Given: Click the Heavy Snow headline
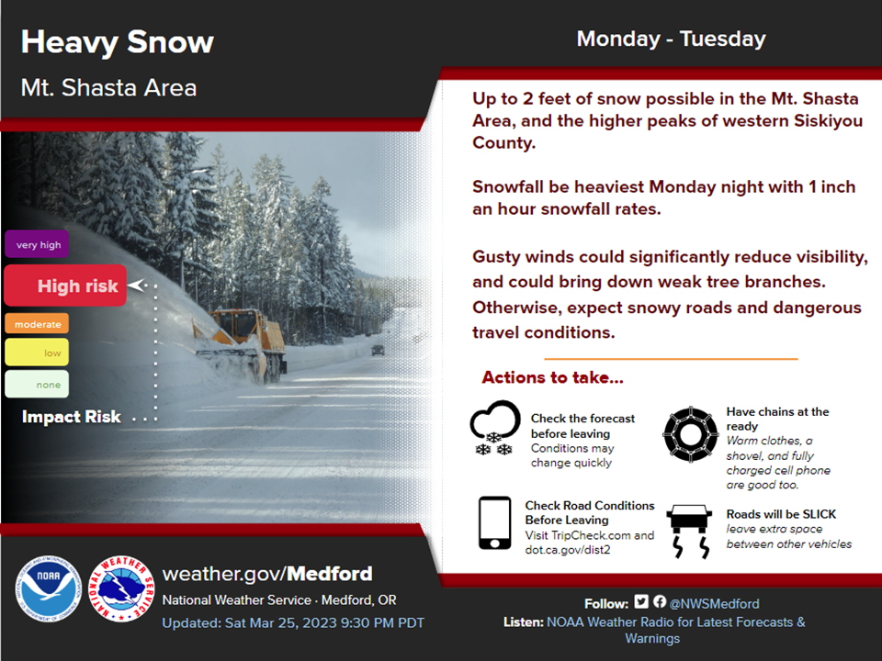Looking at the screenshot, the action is click(118, 43).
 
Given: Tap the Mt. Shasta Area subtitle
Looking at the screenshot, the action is click(108, 88).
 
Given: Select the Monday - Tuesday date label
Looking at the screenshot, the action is click(671, 39).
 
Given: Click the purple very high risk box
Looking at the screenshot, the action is click(37, 244).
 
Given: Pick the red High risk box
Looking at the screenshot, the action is click(65, 286).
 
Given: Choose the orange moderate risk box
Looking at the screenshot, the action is click(37, 324).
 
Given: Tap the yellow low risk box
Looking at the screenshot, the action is click(37, 353).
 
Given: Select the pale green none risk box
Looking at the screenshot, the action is click(37, 384).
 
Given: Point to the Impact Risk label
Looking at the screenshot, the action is click(72, 417).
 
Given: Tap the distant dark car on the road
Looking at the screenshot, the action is click(378, 350).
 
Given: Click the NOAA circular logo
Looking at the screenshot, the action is click(49, 588).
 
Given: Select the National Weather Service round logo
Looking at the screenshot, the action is click(121, 588).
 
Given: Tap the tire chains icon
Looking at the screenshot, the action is click(691, 434).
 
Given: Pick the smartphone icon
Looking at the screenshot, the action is click(495, 522).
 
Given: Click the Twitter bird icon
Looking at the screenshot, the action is click(641, 601).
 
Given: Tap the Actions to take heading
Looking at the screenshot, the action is click(552, 377).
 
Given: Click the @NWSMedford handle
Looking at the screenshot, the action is click(715, 604).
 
